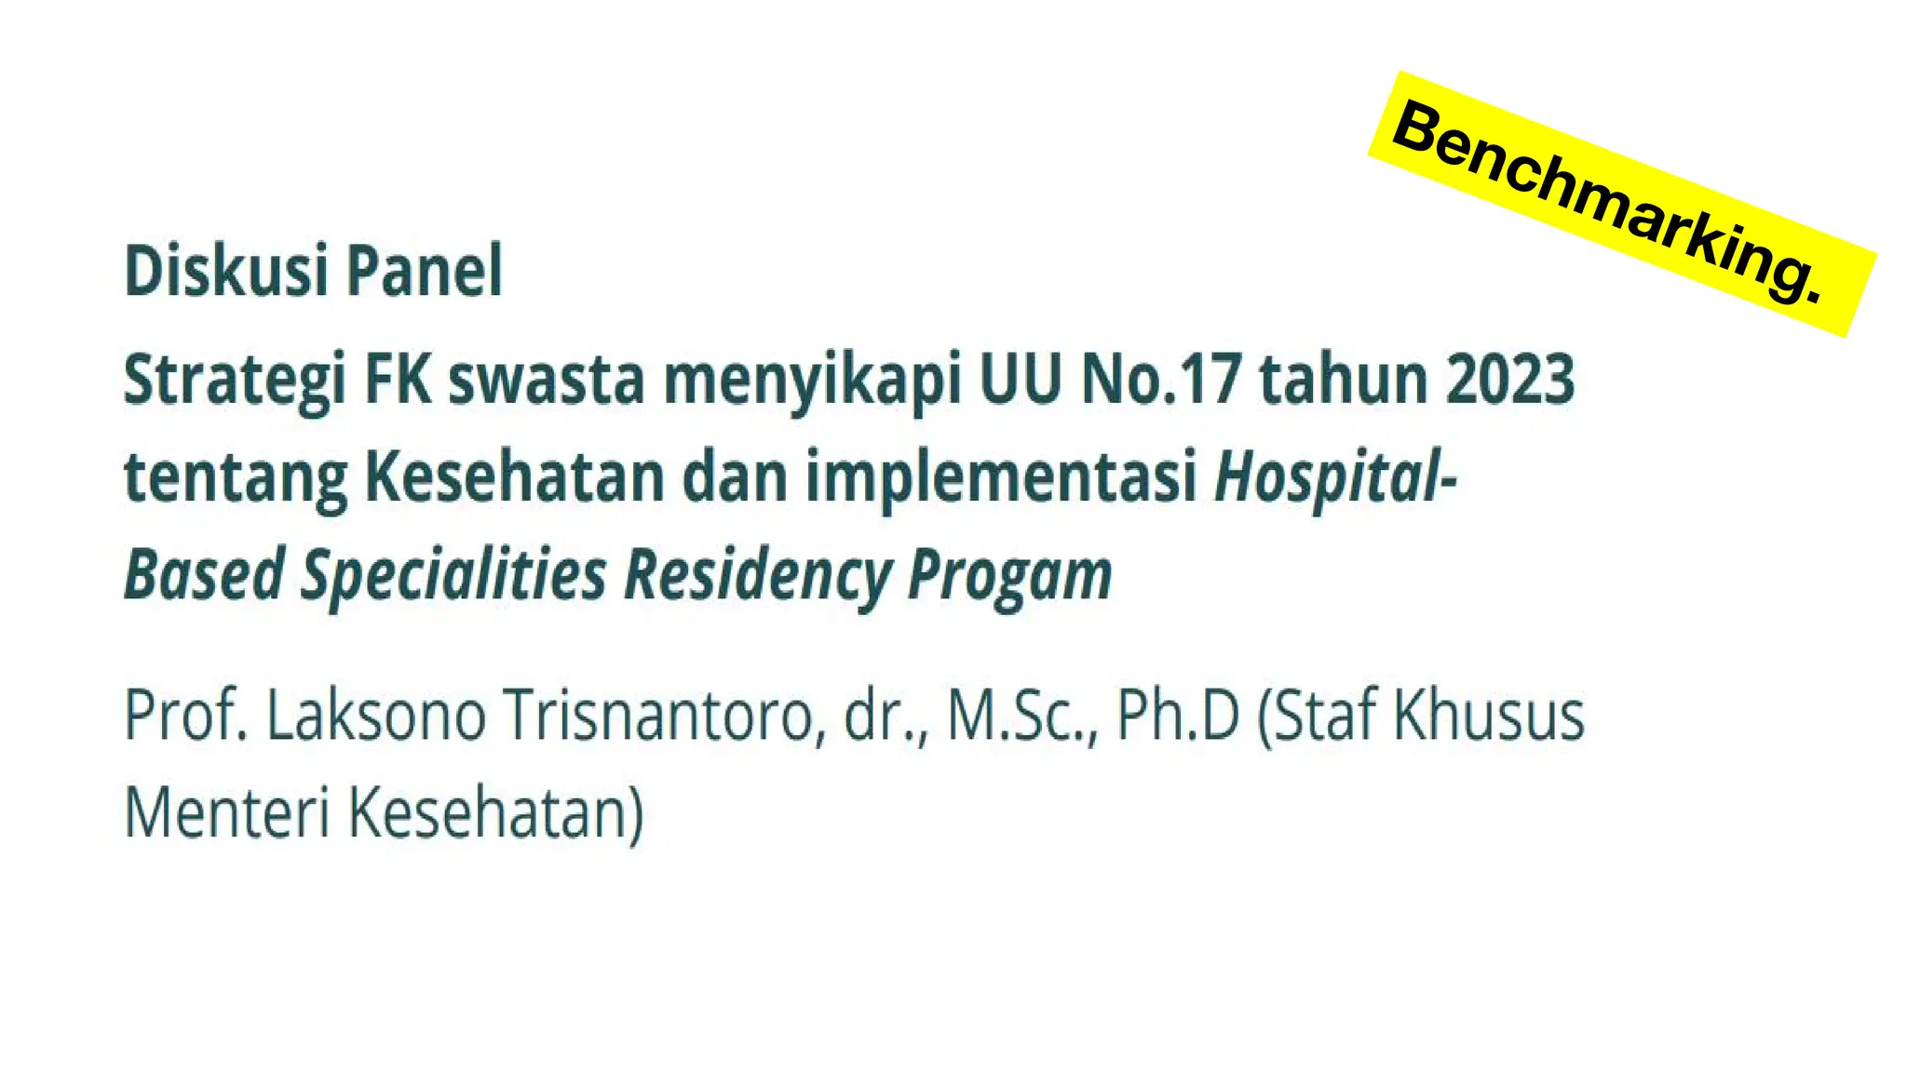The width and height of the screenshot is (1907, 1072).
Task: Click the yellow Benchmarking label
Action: [x=1621, y=203]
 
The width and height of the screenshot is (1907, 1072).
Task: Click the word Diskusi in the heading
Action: [x=225, y=272]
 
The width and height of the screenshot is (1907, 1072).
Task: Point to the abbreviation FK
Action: [x=399, y=380]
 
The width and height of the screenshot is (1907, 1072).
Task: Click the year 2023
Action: [x=1510, y=380]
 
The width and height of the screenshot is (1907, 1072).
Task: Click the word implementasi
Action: [x=1001, y=478]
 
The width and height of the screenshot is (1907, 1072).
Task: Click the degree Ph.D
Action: [x=1178, y=716]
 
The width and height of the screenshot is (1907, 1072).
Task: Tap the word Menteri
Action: [x=227, y=813]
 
